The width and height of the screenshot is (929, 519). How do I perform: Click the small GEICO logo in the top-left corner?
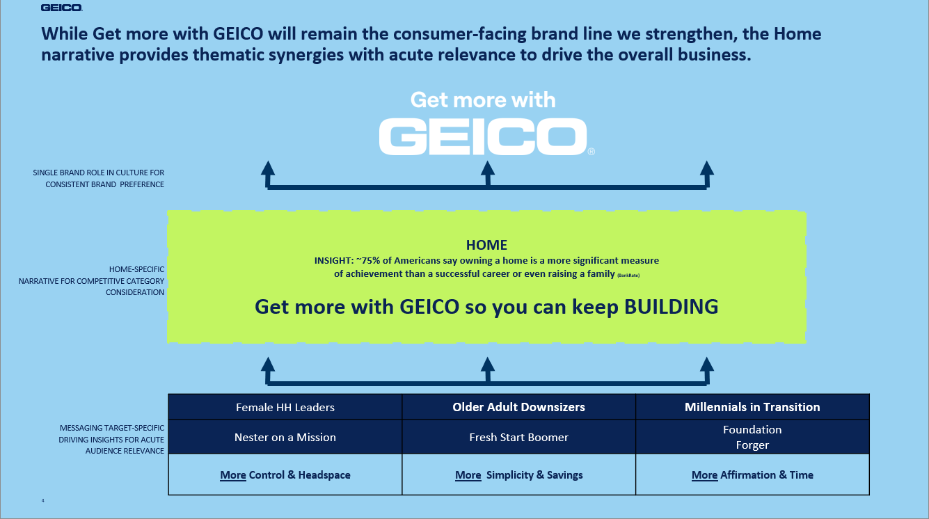click(61, 8)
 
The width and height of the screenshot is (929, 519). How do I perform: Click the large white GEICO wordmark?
click(483, 136)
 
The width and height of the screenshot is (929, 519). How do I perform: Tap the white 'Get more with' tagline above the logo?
click(483, 100)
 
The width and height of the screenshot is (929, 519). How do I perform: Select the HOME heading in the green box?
click(486, 245)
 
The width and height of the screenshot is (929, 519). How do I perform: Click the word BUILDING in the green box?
click(671, 307)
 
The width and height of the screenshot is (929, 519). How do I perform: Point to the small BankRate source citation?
click(628, 276)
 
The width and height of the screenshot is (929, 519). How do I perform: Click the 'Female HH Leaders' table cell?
click(285, 407)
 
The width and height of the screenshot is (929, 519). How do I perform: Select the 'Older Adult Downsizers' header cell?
click(518, 407)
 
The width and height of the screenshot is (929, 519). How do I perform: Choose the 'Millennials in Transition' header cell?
click(752, 407)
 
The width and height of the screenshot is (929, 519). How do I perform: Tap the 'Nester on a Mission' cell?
click(285, 437)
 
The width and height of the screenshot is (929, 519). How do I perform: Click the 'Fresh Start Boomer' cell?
click(518, 437)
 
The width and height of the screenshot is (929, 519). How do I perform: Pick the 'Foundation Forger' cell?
click(752, 437)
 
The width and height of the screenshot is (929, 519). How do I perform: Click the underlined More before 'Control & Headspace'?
click(233, 475)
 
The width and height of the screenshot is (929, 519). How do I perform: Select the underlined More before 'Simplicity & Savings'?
click(468, 475)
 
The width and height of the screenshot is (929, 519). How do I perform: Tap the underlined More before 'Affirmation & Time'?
click(704, 475)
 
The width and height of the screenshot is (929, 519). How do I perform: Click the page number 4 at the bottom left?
click(42, 501)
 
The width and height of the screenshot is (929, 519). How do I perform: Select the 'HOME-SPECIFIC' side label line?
click(136, 269)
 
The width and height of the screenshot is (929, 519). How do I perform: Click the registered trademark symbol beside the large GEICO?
click(591, 152)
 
